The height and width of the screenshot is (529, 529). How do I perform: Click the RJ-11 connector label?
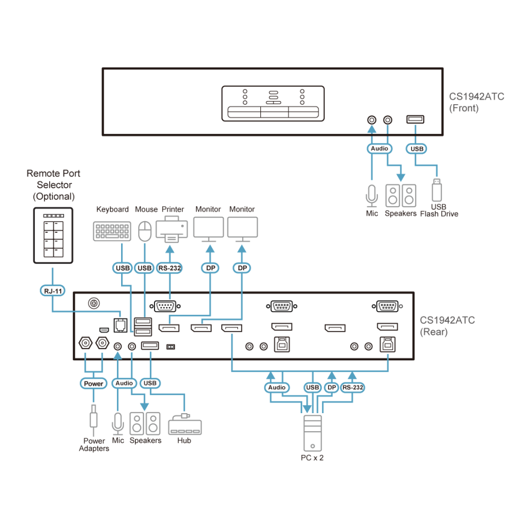point(53,291)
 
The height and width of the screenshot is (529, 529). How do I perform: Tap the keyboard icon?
point(112,232)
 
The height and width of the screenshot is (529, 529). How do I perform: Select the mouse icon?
point(145,231)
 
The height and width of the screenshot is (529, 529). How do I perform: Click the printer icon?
point(171,230)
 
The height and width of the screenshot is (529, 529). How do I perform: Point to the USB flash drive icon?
point(437,190)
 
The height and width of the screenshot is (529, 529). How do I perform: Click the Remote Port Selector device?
point(53,235)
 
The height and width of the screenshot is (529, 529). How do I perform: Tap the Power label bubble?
point(94,384)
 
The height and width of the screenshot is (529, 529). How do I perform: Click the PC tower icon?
point(313,433)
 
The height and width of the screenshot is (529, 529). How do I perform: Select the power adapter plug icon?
point(94,417)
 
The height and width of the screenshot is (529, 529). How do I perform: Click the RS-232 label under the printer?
point(169,268)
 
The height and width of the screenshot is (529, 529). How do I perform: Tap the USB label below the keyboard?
point(122,268)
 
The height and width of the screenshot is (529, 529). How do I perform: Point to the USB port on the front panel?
point(415,119)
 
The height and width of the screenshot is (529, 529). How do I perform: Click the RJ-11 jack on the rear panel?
point(121,325)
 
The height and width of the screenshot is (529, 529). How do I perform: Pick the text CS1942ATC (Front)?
point(477,102)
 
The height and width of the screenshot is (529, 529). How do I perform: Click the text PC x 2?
point(312,458)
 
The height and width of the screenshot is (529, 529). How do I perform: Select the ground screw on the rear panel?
point(94,303)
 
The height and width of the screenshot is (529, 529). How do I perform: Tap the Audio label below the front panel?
point(379,149)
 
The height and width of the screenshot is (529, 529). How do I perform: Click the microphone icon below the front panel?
point(371,196)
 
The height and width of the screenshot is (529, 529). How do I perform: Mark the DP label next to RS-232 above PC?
point(332,388)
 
